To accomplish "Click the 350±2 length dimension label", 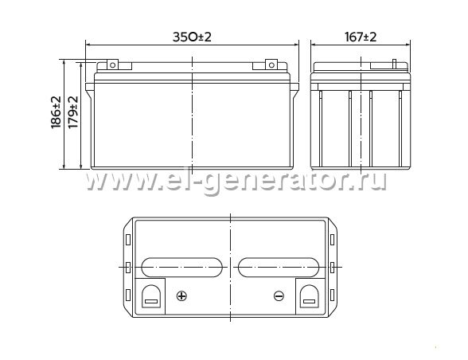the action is click(192, 37).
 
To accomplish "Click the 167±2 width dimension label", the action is click(361, 37).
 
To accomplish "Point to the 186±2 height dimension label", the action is click(56, 112).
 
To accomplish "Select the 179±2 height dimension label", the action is click(73, 112).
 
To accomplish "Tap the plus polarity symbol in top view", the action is click(181, 296).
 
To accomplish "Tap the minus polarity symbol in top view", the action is click(279, 296).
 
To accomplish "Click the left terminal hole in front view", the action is click(112, 65).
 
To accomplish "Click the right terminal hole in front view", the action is click(271, 65).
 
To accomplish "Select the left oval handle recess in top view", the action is click(181, 267).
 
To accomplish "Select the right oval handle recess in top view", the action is click(279, 267).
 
